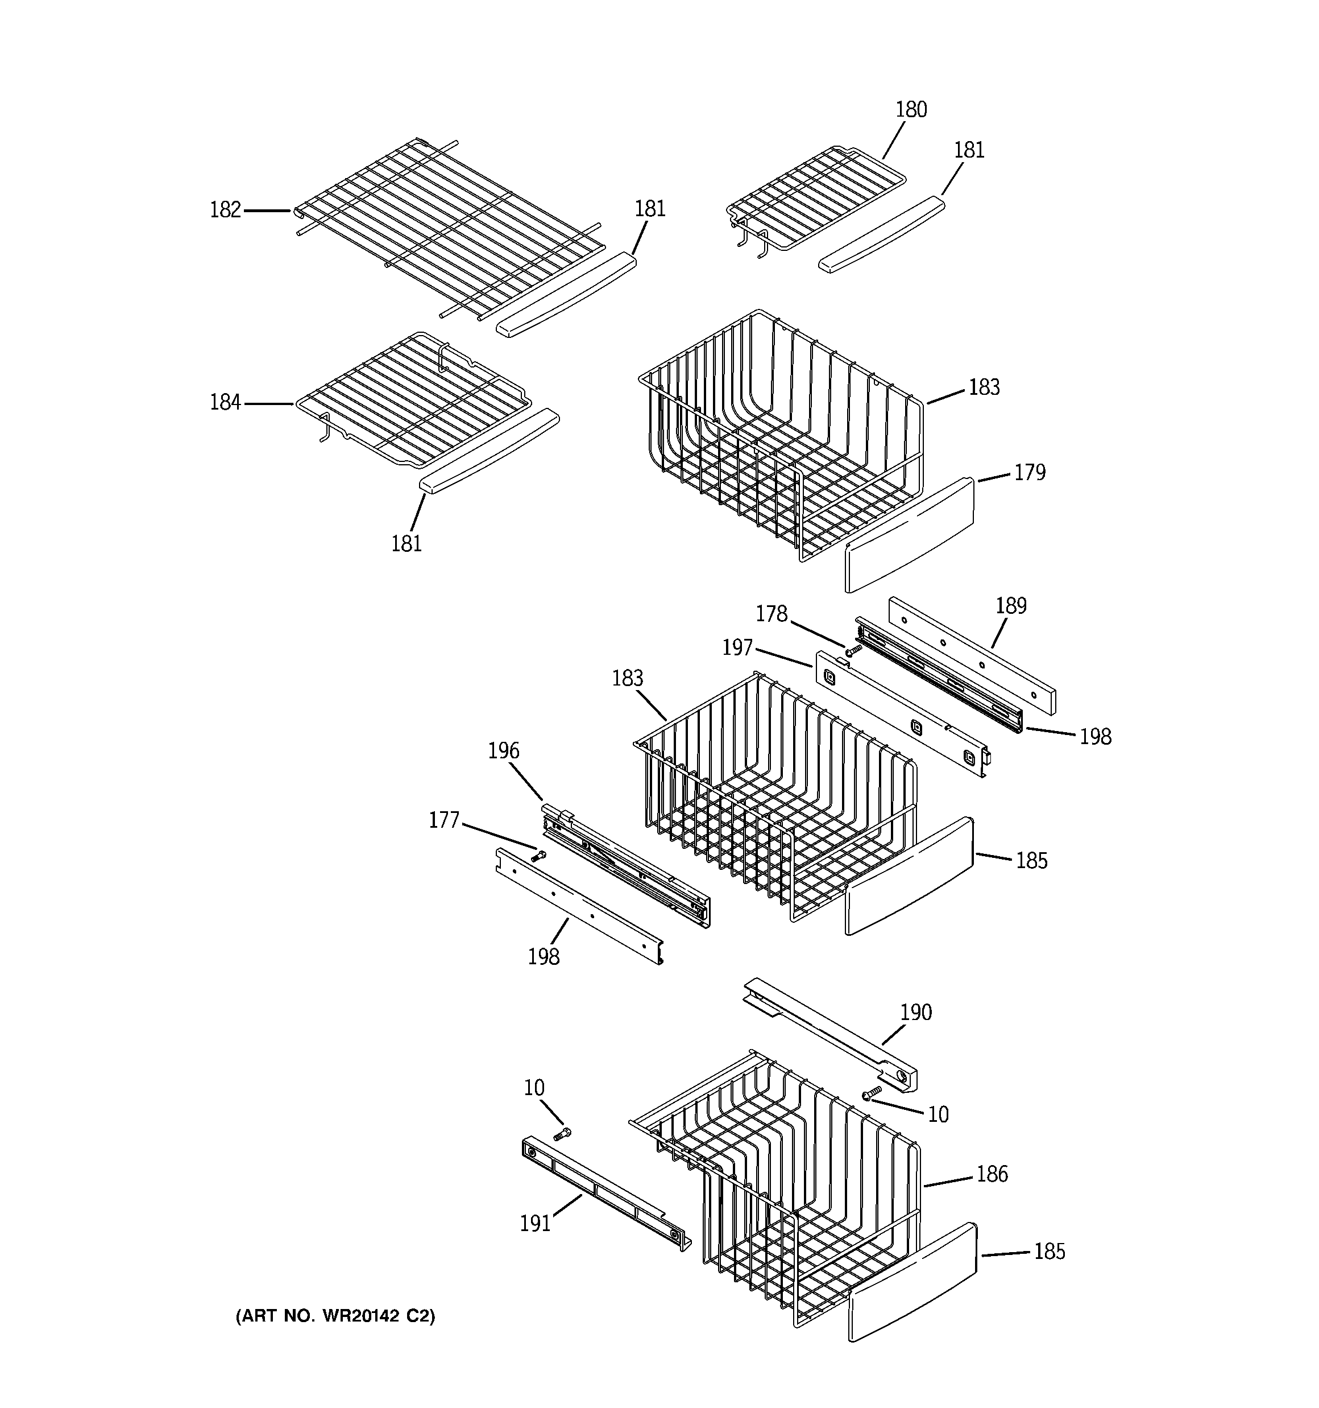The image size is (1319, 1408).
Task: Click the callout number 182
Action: point(225,210)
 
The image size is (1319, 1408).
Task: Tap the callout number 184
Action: point(225,403)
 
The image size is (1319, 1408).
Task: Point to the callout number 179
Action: point(1030,472)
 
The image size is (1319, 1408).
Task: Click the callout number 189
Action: point(1010,605)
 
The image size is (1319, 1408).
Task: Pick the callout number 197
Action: point(737,647)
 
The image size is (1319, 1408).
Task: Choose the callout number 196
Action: point(503,751)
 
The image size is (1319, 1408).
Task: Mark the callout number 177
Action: point(444,820)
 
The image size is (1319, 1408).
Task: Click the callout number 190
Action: point(915,1013)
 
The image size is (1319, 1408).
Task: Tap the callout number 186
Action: point(992,1174)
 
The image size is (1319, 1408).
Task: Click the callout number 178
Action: point(771,614)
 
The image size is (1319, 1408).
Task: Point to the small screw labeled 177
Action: point(540,856)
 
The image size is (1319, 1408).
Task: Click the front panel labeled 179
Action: point(910,535)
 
